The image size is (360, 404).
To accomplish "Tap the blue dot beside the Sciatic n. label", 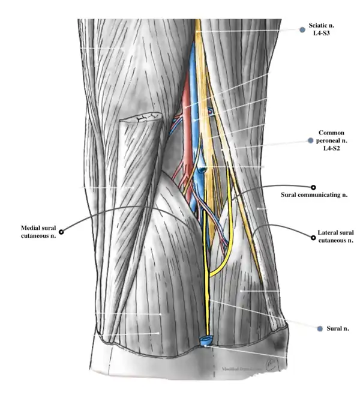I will click(303, 29).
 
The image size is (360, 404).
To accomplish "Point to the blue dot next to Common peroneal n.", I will click(310, 140).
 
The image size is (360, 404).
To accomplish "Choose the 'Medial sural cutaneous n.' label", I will click(38, 231).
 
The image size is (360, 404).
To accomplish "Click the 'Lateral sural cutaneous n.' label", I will click(335, 236).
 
